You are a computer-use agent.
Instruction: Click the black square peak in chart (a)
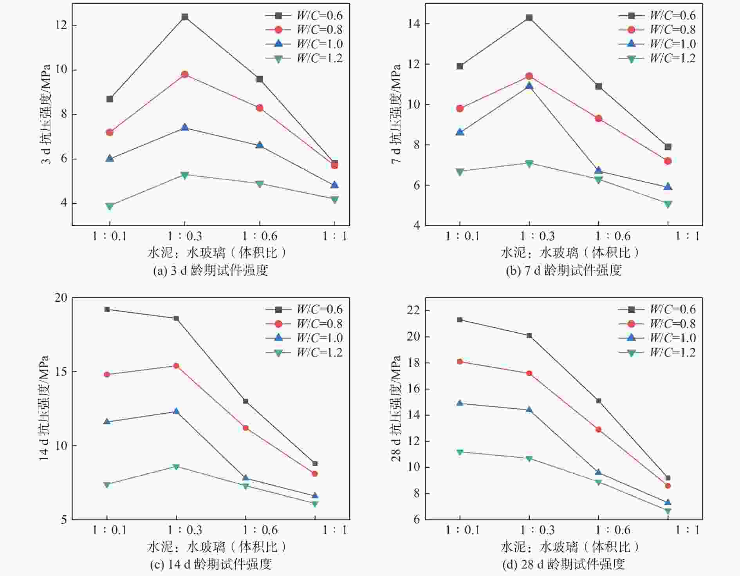tap(185, 17)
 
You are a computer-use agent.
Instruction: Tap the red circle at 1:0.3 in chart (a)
tap(185, 74)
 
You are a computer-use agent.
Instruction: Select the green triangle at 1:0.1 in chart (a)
tap(110, 206)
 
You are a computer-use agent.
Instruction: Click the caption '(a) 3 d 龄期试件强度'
tap(211, 270)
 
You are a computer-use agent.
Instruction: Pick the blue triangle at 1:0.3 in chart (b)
tap(529, 86)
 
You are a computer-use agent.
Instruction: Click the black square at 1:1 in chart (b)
tap(668, 147)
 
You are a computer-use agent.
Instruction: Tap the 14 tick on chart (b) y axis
tap(414, 24)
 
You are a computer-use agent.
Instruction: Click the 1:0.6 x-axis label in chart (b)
tap(612, 236)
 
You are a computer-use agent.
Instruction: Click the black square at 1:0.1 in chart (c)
tap(107, 310)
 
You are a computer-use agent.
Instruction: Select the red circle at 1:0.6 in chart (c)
tap(245, 428)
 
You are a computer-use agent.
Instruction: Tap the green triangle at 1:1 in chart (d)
tap(668, 511)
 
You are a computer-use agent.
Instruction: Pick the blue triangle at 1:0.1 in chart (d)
tap(460, 403)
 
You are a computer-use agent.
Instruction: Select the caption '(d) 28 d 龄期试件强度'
tap(563, 564)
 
